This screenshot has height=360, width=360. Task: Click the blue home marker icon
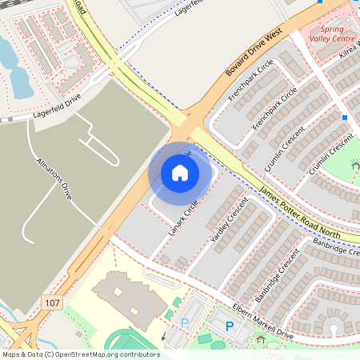pos(180,172)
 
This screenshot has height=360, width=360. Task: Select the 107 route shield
pos(52,302)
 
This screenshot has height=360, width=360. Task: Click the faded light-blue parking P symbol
pos(185,323)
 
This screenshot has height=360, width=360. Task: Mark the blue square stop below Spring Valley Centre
pos(345,118)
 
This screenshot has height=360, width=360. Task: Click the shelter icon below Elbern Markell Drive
pos(261,340)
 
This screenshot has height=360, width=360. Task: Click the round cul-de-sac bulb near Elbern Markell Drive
pos(330,327)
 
